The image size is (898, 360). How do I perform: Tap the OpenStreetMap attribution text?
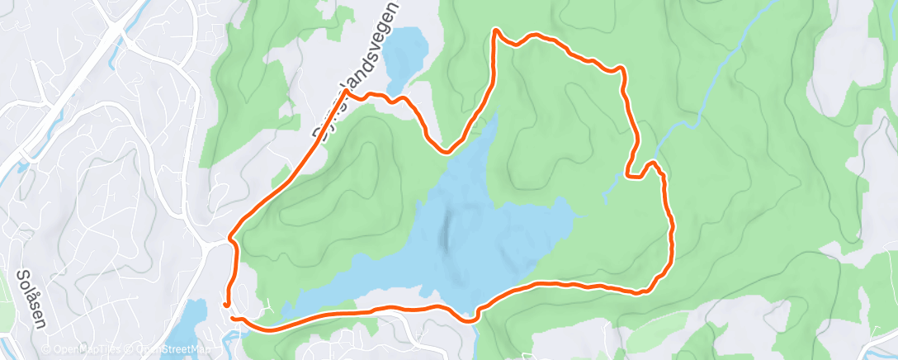click(x=165, y=348)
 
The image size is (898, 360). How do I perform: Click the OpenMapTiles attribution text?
click(x=86, y=348)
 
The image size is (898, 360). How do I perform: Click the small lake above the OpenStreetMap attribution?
click(x=193, y=319)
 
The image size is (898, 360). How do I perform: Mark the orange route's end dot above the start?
click(x=225, y=305)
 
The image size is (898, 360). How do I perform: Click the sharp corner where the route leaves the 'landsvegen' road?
click(x=347, y=92)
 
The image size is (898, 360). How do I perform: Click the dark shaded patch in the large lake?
click(x=446, y=231)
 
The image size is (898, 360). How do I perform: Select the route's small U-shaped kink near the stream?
click(x=634, y=174)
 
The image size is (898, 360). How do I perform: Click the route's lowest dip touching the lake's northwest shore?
click(x=447, y=152)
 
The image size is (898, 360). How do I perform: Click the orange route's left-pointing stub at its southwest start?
click(x=233, y=318)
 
